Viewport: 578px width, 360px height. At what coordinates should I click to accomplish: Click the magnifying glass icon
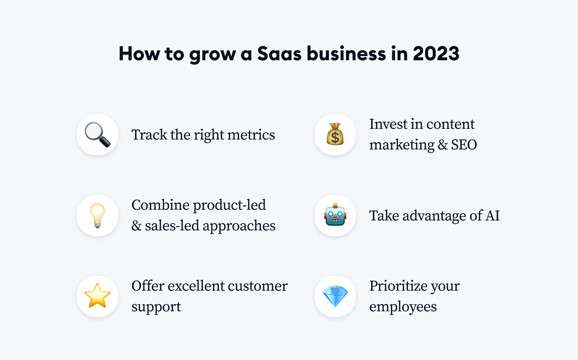click(97, 135)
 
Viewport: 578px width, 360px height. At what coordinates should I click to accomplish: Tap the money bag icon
click(335, 134)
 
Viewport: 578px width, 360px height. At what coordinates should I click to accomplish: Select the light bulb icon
click(97, 216)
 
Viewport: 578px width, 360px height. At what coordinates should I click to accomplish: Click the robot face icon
click(335, 216)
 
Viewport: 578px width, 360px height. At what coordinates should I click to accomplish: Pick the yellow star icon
click(97, 296)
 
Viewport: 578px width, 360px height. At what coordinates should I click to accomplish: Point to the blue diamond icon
click(335, 296)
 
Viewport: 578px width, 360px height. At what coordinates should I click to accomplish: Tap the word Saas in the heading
click(279, 54)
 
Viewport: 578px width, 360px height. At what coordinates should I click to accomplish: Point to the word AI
click(493, 216)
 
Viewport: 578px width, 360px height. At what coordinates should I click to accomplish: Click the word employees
click(403, 307)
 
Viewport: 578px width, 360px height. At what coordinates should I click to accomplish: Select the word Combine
click(160, 205)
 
